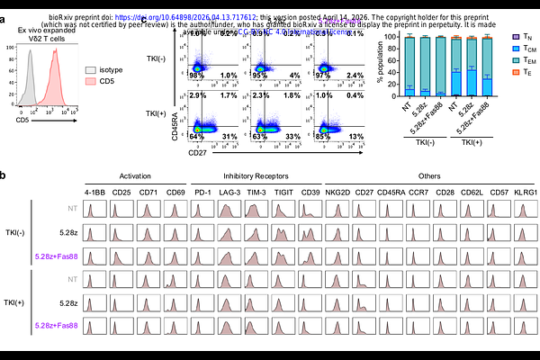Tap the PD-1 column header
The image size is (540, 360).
[x=203, y=190]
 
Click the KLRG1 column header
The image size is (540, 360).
[x=523, y=190]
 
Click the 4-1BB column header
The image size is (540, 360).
[x=94, y=190]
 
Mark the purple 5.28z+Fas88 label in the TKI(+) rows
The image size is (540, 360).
[x=57, y=324]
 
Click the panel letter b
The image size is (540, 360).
[x=5, y=176]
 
